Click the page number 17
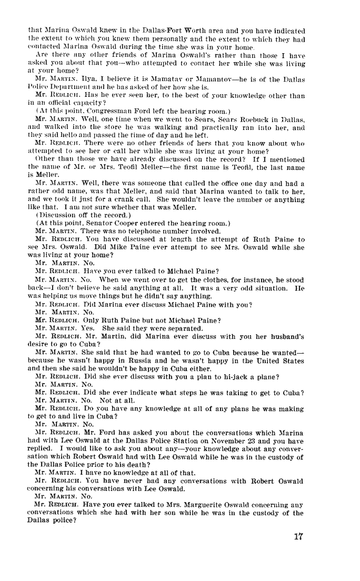tap(299, 537)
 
